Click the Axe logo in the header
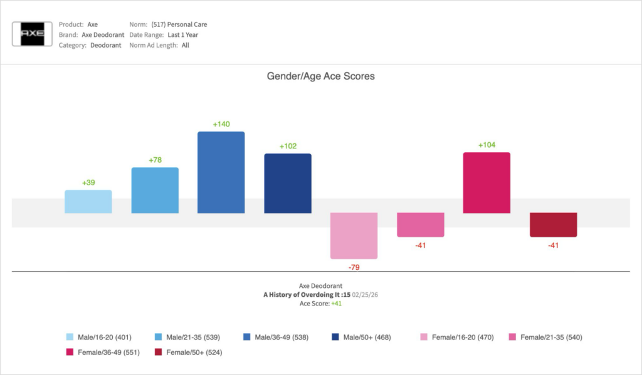33,34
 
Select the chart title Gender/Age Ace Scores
320,76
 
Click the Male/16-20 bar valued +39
88,202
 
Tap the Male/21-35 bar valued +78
155,190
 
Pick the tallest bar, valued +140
221,172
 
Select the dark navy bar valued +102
288,183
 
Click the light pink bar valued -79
354,235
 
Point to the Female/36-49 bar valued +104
487,183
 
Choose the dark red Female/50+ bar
553,225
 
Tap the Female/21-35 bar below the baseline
421,225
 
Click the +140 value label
221,124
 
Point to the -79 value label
354,267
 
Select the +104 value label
487,145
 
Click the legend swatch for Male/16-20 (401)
70,337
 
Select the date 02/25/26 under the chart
365,294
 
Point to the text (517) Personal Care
179,24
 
